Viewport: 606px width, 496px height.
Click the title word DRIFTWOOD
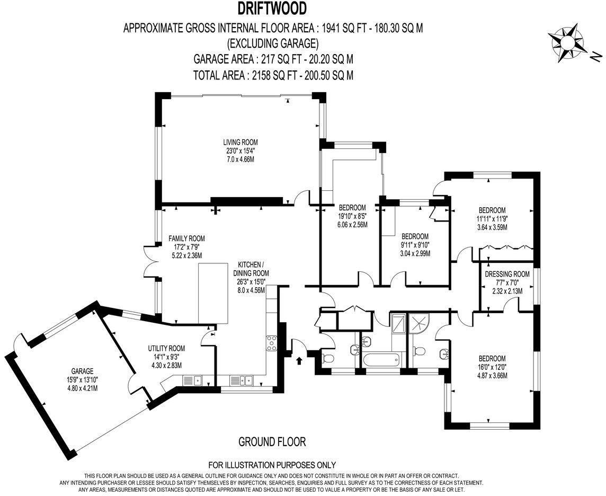tap(272, 9)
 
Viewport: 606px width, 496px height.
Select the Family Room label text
tap(186, 247)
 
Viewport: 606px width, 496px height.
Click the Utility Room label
tap(166, 357)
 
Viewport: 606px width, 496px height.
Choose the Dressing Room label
tap(507, 282)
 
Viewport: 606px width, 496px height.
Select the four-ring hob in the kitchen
tap(272, 343)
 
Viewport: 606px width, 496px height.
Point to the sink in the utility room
tap(191, 380)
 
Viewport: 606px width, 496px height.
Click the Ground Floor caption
tap(272, 441)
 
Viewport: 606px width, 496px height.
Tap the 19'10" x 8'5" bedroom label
tap(352, 216)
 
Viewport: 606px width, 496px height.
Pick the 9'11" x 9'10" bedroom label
tap(415, 244)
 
